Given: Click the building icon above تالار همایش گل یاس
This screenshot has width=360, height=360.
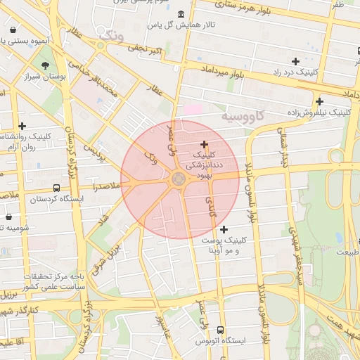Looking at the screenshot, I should (181, 14).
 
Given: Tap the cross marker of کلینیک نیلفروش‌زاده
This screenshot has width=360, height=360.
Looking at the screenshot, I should (320, 101).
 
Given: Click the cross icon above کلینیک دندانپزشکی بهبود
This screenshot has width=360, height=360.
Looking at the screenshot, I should (204, 143).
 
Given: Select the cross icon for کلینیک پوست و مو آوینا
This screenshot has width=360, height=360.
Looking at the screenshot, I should (224, 229).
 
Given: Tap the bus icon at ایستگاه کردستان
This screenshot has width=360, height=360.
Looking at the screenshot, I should (56, 188).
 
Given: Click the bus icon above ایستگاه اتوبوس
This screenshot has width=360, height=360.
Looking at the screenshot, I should (221, 330).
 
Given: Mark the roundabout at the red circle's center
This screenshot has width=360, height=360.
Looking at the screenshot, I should (179, 179).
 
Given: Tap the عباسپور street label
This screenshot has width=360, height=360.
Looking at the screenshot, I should (162, 325).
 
